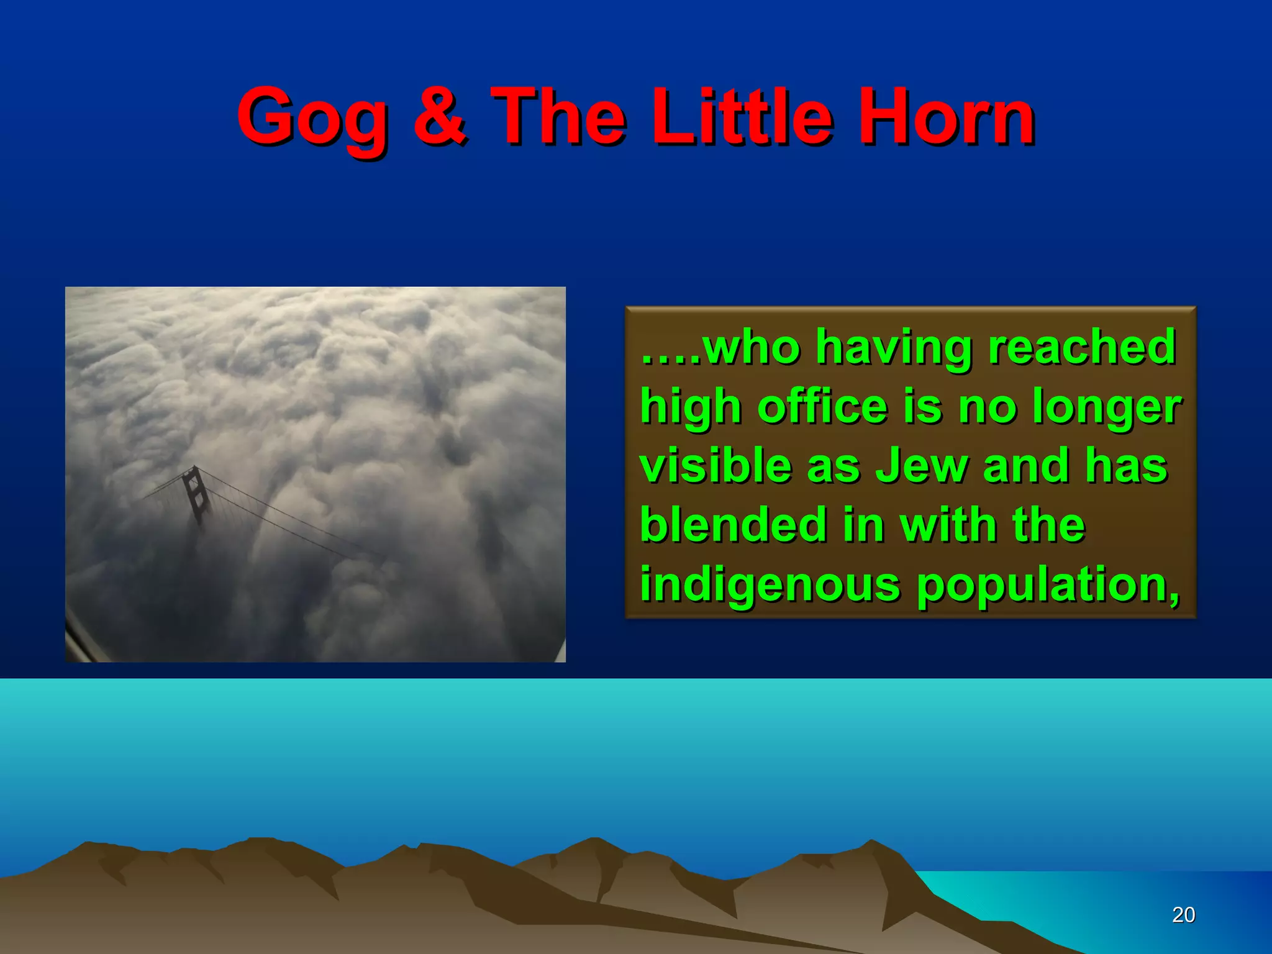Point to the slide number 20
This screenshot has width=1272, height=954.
tap(1183, 915)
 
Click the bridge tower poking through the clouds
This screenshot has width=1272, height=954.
tap(195, 494)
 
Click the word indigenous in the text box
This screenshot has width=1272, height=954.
tap(770, 586)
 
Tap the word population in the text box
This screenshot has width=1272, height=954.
tap(1047, 586)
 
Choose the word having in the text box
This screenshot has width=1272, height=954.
tap(893, 348)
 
